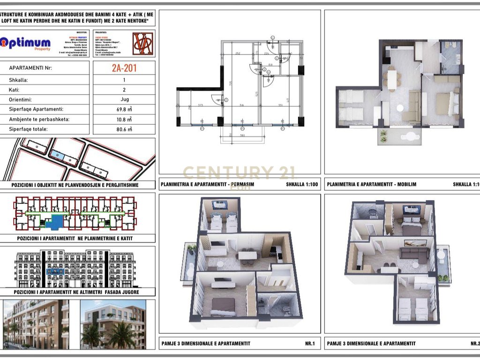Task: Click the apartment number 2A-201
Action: pos(124,67)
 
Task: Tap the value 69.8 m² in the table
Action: pos(124,109)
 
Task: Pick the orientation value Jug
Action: pos(124,99)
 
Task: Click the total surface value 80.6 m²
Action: pos(124,129)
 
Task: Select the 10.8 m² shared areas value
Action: pos(124,119)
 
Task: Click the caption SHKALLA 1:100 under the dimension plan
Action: pos(301,184)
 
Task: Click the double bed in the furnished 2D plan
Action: pos(444,104)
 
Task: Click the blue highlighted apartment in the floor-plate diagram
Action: pos(56,220)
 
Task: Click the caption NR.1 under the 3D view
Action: pos(310,344)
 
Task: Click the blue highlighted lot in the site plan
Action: pos(56,155)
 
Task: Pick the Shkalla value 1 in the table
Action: pos(124,80)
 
